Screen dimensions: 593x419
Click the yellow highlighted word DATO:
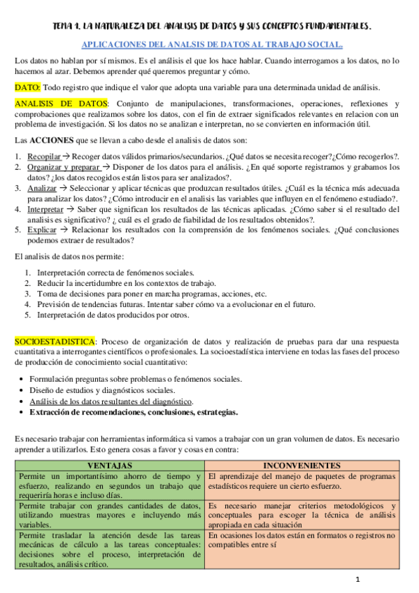coord(27,87)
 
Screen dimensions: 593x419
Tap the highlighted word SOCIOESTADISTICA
coord(55,341)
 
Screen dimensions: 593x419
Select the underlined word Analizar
coord(42,189)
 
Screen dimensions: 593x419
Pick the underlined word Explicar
coord(43,229)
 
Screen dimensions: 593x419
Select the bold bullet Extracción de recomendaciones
coord(133,412)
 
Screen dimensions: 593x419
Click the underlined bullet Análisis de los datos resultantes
coord(111,401)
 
